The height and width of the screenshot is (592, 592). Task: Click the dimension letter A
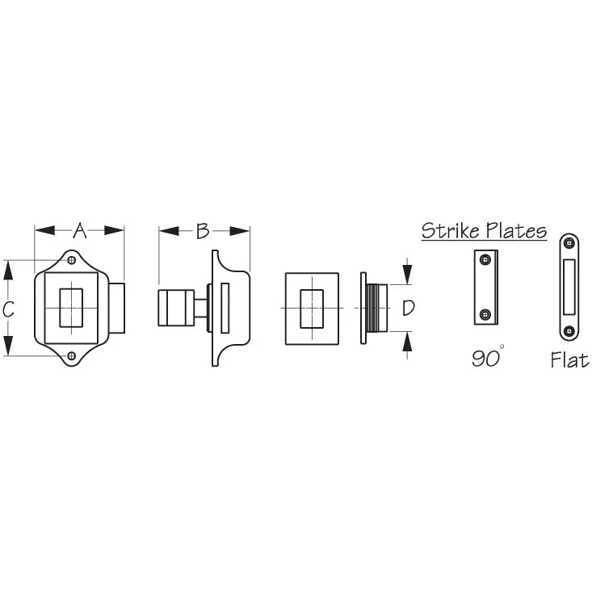[x=80, y=231]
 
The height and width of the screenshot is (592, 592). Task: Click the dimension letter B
[x=203, y=231]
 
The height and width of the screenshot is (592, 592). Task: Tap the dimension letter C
[x=8, y=309]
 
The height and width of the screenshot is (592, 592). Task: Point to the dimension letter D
[x=408, y=308]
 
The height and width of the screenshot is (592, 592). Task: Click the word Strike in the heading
[x=451, y=230]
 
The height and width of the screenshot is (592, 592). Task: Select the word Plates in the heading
[x=516, y=230]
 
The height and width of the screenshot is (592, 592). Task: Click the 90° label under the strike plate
[x=488, y=357]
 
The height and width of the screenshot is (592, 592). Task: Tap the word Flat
[x=569, y=360]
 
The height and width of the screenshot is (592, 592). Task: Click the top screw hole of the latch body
[x=71, y=260]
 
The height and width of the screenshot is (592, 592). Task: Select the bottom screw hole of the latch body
[x=71, y=355]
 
